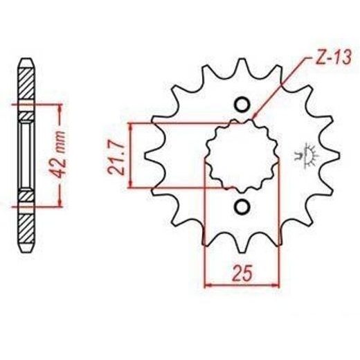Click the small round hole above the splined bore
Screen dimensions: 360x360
click(242, 105)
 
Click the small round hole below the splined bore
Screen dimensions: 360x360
click(242, 206)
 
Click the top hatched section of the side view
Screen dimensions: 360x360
click(25, 83)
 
